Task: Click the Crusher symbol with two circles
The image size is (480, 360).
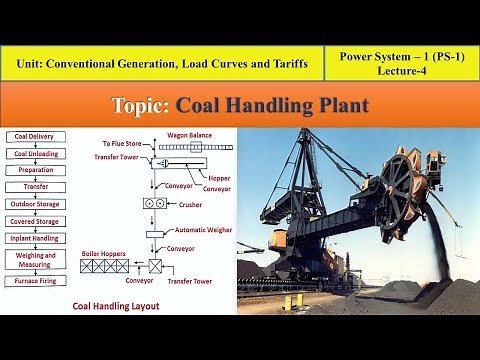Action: point(155,203)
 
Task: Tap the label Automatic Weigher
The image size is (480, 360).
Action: point(204,230)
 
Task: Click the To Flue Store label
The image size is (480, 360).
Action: point(123,144)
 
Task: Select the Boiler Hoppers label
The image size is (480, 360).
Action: point(104,254)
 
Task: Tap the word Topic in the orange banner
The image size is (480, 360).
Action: point(142,105)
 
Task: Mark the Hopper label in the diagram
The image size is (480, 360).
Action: point(217,176)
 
